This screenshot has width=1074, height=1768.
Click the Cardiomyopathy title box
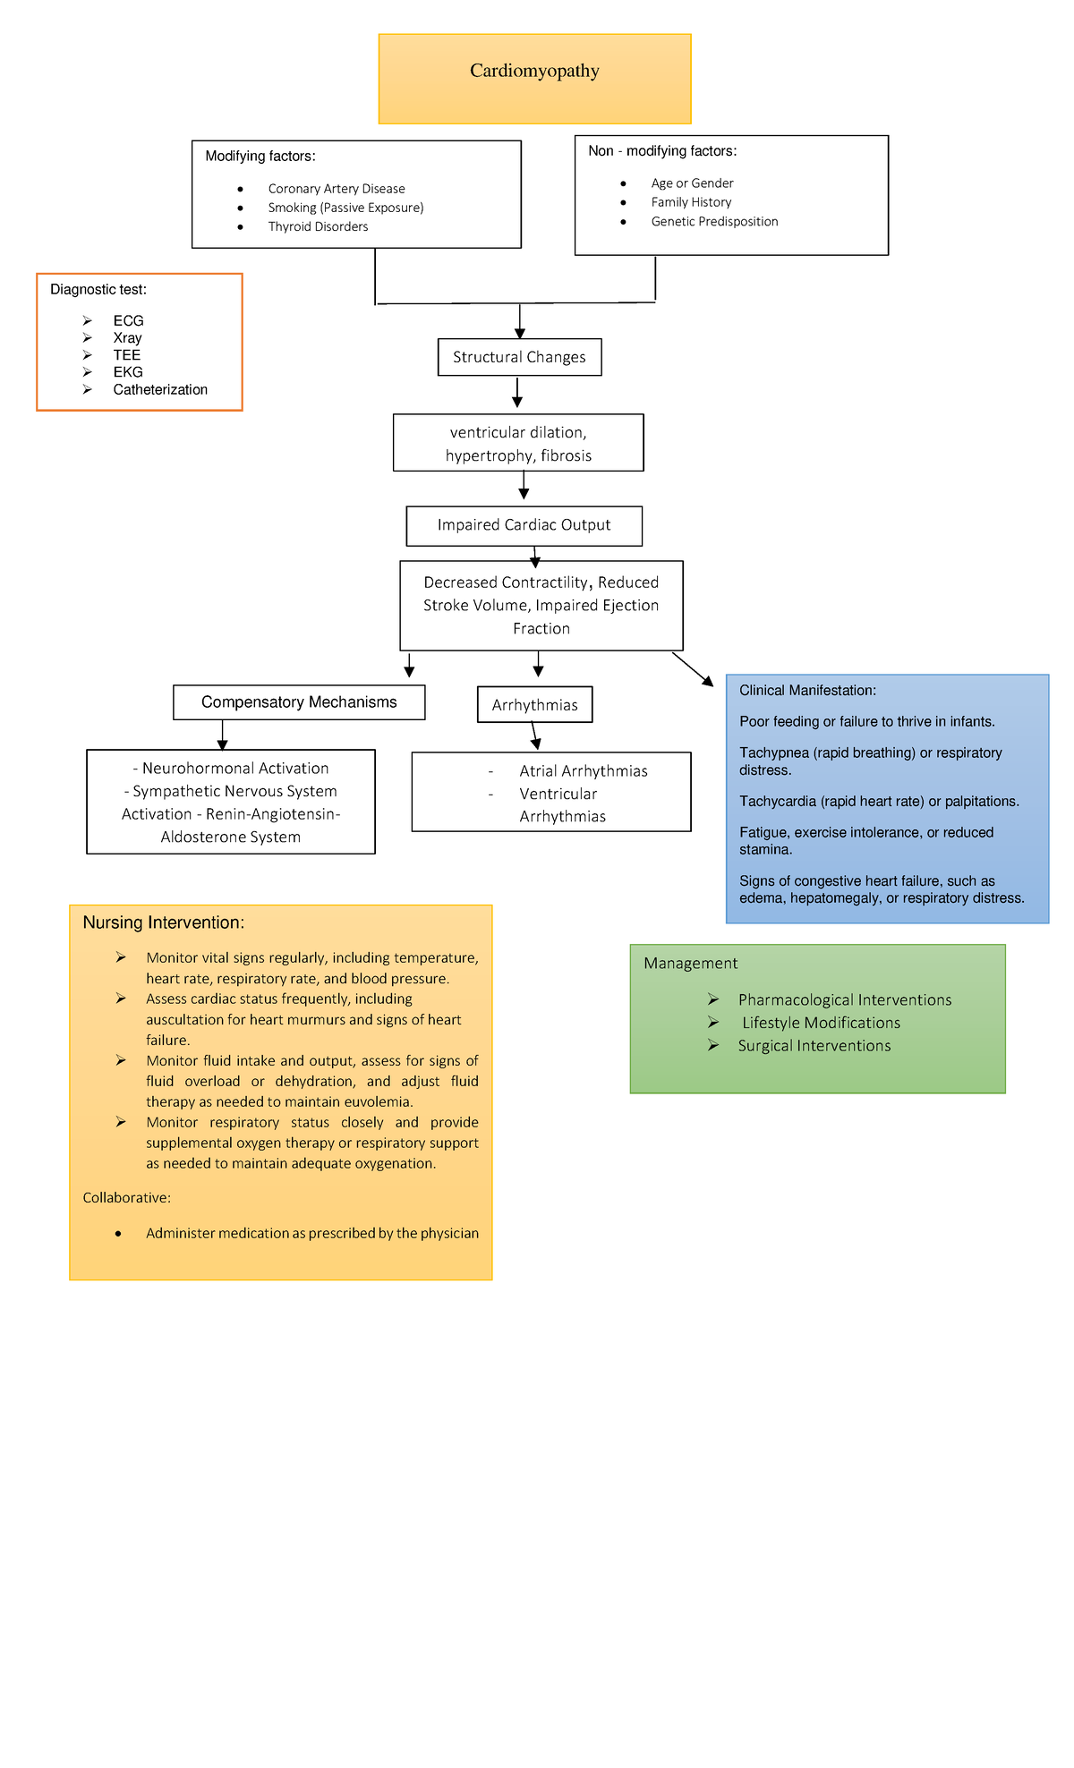534,79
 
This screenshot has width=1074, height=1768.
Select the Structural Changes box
519,357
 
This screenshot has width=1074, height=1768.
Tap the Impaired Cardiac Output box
524,525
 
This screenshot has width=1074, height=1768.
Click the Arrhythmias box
534,705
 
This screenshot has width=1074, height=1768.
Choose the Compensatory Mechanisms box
299,702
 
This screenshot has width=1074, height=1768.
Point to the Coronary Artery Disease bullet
337,189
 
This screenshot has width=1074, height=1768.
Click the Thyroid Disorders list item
318,226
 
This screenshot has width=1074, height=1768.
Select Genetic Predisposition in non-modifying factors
714,222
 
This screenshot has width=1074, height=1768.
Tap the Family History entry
691,202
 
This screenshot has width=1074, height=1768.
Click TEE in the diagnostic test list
126,355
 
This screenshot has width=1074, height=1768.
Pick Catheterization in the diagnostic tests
160,389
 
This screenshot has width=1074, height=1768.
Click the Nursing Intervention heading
163,922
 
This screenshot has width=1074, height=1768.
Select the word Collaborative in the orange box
126,1197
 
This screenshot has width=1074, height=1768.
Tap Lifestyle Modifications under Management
821,1023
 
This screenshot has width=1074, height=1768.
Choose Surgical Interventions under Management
814,1046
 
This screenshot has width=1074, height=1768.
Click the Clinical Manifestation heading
807,691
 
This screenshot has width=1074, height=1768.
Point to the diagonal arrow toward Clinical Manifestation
693,669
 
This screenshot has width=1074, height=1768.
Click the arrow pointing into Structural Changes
520,322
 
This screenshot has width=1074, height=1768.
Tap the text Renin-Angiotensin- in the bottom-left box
273,814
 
